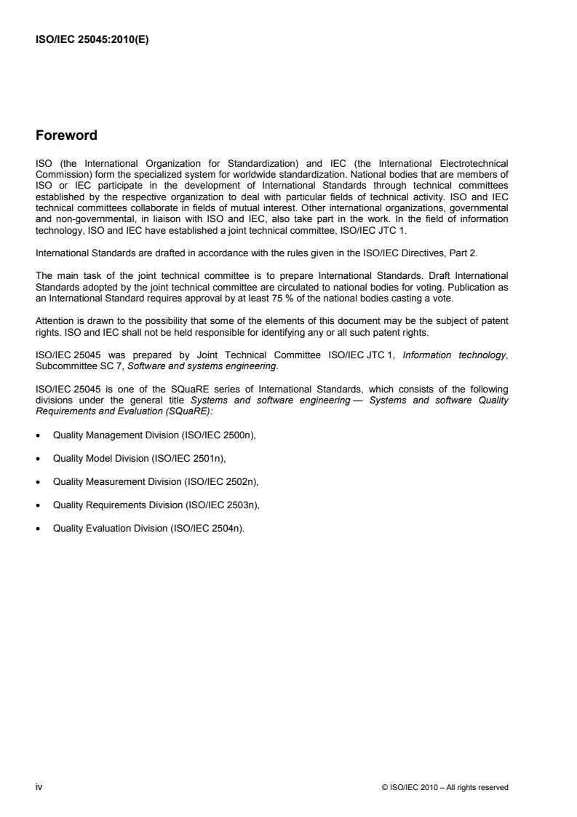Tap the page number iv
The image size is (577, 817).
pyautogui.click(x=39, y=786)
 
